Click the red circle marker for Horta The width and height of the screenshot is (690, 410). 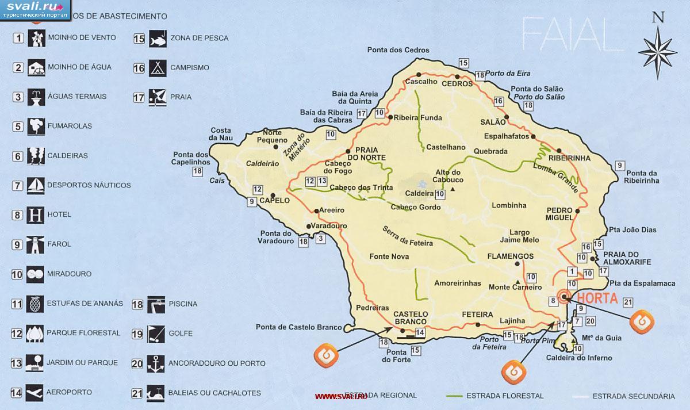tap(563, 297)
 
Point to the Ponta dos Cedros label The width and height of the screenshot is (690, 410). tap(394, 51)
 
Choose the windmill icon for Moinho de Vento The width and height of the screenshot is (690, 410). tap(36, 38)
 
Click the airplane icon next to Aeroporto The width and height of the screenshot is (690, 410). tap(36, 392)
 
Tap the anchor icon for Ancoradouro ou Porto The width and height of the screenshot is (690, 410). tap(156, 363)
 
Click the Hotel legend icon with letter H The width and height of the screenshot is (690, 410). tap(36, 215)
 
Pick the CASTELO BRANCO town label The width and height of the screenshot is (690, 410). tap(410, 317)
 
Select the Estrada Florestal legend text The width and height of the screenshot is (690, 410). tap(504, 396)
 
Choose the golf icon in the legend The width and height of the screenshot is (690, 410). tap(156, 334)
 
